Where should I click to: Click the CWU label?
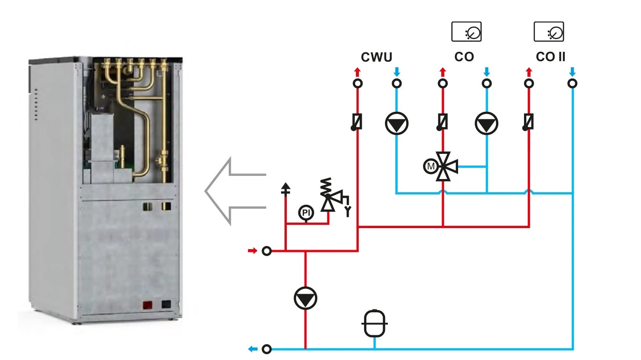(x=376, y=57)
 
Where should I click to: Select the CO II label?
(x=550, y=57)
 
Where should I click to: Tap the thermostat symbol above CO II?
(x=549, y=31)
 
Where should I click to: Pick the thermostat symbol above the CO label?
(x=466, y=31)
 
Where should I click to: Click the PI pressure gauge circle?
(x=306, y=212)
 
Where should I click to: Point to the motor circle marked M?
(x=430, y=166)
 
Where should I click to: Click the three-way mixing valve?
(x=445, y=166)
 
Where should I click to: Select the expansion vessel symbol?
(x=375, y=324)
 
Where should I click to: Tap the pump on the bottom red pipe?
(x=306, y=298)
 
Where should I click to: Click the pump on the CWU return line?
(x=396, y=123)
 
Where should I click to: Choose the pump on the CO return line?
(x=487, y=123)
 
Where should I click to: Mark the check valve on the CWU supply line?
(x=357, y=122)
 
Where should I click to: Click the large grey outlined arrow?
(x=235, y=191)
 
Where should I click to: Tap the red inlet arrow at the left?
(x=252, y=251)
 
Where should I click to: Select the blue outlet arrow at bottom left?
(x=253, y=349)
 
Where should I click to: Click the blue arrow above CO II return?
(x=572, y=72)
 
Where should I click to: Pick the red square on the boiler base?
(x=147, y=305)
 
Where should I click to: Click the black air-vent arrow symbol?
(x=285, y=189)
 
